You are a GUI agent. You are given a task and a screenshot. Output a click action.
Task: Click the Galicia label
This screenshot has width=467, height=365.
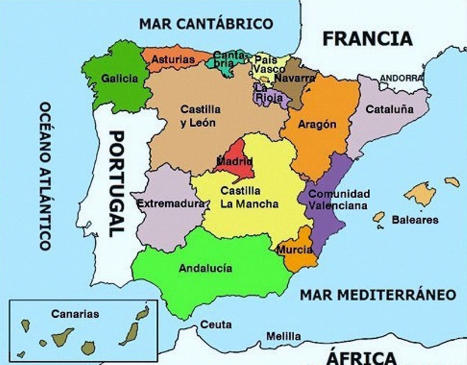119,78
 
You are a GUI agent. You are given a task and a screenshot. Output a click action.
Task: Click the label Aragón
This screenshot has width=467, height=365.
317,124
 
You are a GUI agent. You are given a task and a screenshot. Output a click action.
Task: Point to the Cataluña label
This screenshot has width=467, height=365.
389,109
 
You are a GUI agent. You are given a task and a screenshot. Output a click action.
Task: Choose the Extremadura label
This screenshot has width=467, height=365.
170,204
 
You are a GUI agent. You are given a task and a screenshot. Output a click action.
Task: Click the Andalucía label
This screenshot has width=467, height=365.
205,268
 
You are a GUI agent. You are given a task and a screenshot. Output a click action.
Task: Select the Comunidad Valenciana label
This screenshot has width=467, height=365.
339,199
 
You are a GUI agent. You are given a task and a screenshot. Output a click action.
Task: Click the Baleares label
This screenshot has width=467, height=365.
414,220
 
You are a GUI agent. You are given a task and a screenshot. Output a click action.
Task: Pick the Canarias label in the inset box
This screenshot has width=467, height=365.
75,314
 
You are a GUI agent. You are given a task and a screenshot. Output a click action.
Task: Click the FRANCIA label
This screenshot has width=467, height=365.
368,38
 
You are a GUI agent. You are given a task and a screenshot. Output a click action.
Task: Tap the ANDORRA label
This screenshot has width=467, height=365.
401,77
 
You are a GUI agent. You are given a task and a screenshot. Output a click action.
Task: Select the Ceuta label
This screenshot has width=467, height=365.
216,325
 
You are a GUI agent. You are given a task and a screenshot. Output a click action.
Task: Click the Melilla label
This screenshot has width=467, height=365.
284,336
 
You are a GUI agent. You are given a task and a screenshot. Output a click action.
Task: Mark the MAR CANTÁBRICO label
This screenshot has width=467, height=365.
206,24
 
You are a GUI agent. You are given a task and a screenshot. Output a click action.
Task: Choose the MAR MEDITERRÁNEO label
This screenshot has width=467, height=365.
378,294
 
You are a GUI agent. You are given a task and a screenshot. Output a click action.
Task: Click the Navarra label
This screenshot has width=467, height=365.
295,78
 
